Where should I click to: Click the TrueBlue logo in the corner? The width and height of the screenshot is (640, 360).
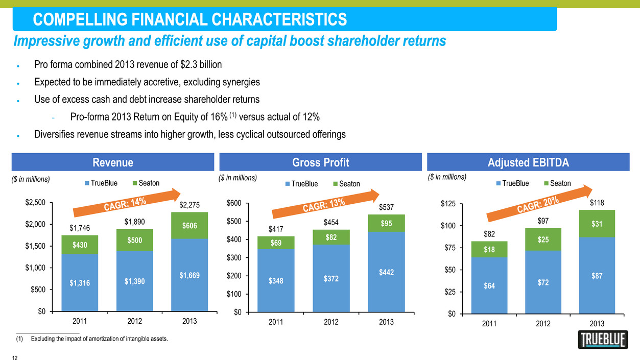coord(603,340)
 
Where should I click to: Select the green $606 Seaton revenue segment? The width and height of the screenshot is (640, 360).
coord(189,225)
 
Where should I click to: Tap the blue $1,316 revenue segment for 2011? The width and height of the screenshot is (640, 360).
coord(80,282)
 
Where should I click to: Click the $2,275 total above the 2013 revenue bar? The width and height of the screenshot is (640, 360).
coord(189,205)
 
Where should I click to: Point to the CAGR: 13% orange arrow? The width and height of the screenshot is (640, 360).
coord(326,204)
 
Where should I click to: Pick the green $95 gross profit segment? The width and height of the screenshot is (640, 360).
coord(386,223)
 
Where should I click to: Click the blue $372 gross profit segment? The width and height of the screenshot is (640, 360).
coord(331,278)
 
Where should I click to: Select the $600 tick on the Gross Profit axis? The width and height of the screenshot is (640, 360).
coord(234,203)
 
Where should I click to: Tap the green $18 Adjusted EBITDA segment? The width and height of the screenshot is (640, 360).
coord(489,249)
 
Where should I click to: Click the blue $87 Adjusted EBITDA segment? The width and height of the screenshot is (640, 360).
coord(597,275)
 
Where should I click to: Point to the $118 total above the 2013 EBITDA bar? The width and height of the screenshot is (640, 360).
coord(597,203)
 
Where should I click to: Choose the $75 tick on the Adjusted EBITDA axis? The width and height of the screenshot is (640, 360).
coord(450,248)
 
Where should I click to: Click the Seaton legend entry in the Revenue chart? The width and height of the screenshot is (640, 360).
coord(146,183)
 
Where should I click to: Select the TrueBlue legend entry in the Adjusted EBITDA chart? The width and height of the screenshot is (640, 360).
coord(513,183)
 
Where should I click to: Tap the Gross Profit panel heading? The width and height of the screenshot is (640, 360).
coord(321,162)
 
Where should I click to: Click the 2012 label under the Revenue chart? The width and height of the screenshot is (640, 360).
coord(134,321)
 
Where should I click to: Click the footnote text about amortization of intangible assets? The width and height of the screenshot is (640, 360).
coord(100,339)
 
